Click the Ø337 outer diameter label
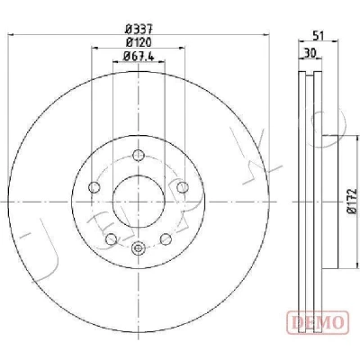[x=139, y=30]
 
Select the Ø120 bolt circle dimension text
[x=139, y=42]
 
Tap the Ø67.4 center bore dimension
[x=139, y=56]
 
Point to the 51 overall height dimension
[x=319, y=36]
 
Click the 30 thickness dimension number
[x=310, y=53]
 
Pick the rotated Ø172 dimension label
[x=353, y=201]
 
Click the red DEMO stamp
[x=318, y=322]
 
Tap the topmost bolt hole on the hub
[x=139, y=155]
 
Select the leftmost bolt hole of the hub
[x=94, y=187]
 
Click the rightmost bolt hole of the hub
[x=183, y=187]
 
